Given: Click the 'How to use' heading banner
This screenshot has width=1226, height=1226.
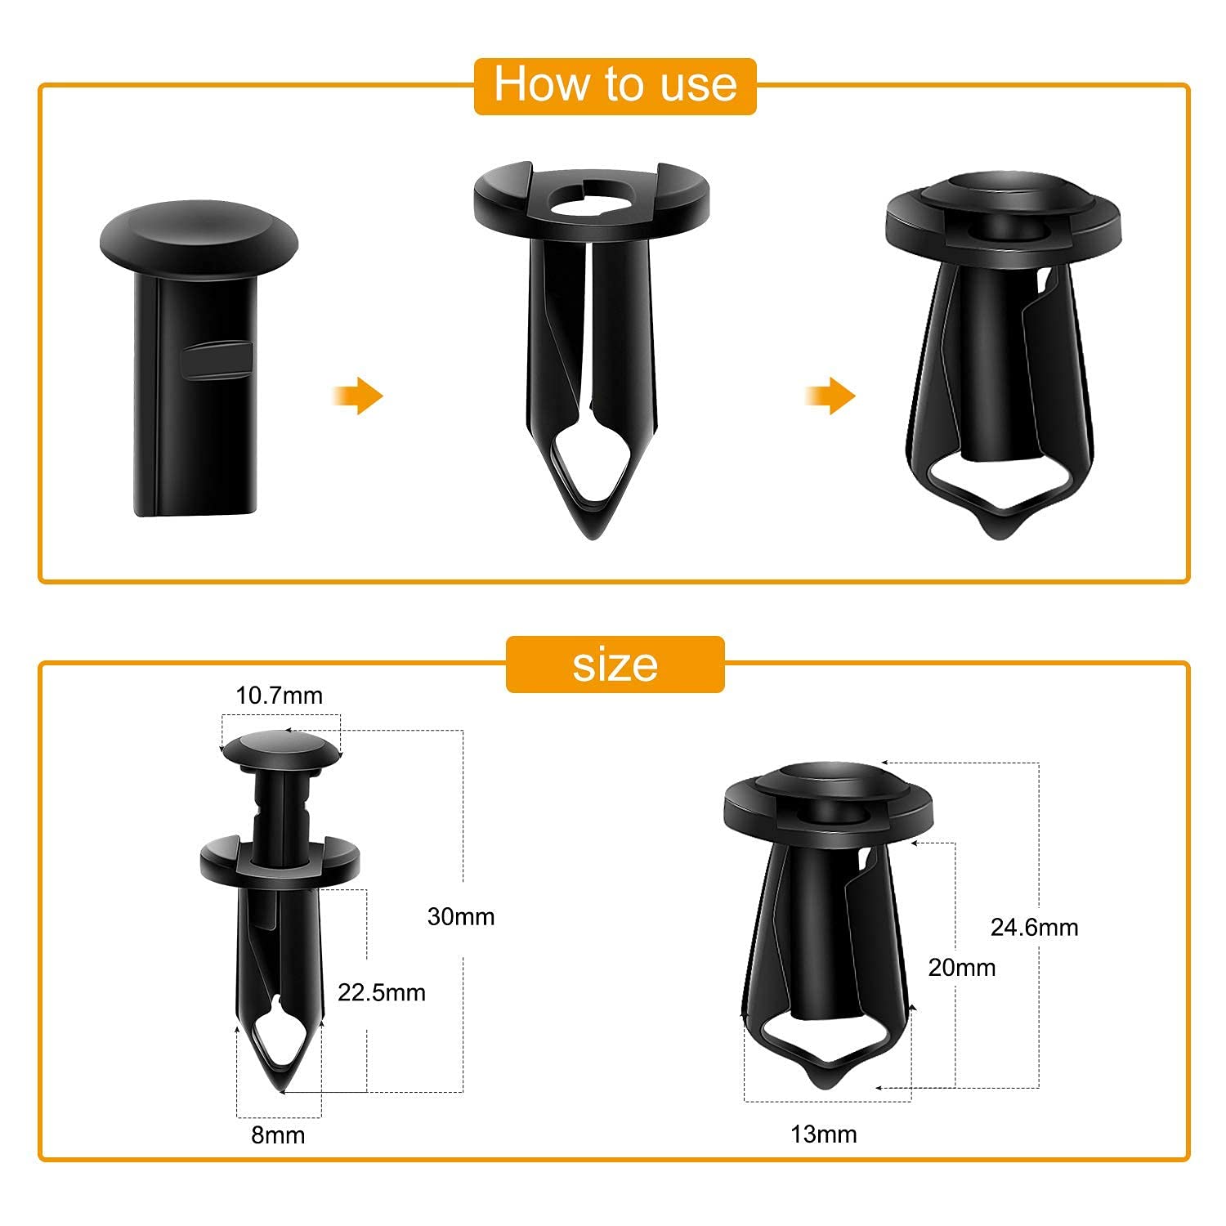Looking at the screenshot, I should [615, 85].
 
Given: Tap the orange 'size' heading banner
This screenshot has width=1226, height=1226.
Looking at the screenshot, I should [615, 664].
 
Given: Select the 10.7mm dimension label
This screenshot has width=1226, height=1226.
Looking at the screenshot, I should [279, 696].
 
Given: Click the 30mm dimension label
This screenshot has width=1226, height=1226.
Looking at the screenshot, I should [461, 916].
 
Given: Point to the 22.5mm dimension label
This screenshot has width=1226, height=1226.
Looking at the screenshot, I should [382, 992].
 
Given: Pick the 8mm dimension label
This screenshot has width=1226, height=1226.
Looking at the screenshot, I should [278, 1135].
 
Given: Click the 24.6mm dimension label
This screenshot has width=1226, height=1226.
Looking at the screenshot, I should [1034, 927].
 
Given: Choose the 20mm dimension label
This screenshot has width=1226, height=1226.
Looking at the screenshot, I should [962, 968].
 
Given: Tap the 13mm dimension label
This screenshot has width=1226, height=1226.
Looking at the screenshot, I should [823, 1134].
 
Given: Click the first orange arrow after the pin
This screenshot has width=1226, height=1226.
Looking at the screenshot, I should [360, 396].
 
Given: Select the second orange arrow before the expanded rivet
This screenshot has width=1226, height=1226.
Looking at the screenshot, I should [831, 396].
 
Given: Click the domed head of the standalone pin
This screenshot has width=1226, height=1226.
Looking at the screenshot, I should [199, 228].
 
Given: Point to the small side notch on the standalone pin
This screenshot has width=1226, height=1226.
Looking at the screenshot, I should [215, 360].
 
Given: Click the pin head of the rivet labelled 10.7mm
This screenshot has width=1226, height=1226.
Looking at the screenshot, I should [280, 749].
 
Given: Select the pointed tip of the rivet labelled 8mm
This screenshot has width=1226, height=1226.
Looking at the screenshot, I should [280, 1084].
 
